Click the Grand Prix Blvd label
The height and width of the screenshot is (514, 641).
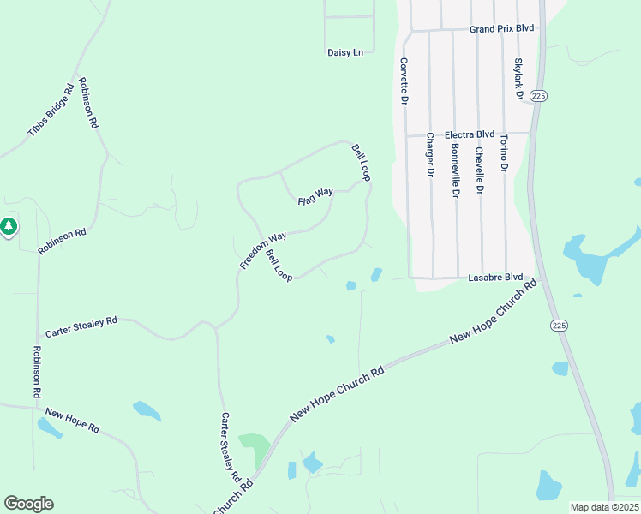501,28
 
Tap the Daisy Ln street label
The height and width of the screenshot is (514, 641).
345,52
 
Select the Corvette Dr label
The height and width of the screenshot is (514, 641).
402,81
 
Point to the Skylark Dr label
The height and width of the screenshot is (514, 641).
518,79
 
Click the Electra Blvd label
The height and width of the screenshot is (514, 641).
470,134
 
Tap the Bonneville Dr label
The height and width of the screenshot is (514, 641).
455,168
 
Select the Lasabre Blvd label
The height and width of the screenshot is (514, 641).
495,278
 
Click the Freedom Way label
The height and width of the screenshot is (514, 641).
262,250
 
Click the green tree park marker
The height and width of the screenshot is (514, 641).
9,226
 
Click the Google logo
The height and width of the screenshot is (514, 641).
28,504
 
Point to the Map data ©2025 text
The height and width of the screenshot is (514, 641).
604,507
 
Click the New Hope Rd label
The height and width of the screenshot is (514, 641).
73,421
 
